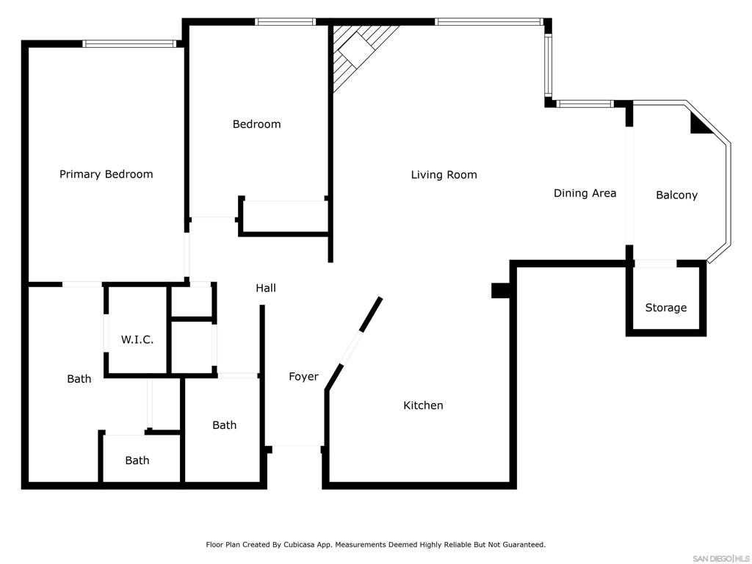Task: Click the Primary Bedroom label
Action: [106, 174]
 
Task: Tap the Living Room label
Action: [444, 175]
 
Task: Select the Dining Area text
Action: [585, 193]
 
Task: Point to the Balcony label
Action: [676, 195]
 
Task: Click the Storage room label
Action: [665, 308]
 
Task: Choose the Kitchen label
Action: [423, 405]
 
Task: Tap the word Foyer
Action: [303, 377]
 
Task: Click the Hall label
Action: [266, 288]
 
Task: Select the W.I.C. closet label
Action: [137, 339]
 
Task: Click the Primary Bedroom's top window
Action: [129, 44]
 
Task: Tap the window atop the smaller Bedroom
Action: [286, 21]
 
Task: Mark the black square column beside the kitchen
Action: [501, 291]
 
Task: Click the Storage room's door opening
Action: [655, 264]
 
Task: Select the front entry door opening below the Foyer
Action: [297, 446]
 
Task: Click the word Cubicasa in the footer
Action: [300, 545]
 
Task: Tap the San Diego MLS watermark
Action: [721, 559]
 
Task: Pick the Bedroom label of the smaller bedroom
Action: [256, 124]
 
